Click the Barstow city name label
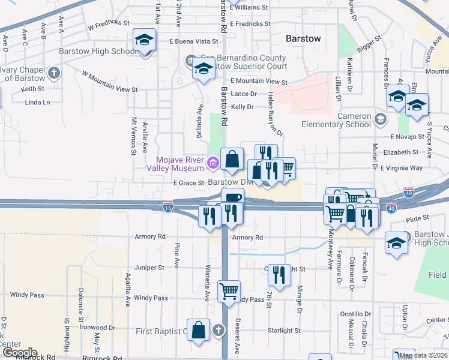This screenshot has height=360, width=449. tap(303, 38)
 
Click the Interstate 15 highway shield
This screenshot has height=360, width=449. tap(169, 207)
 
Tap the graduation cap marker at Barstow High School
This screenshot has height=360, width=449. tap(144, 41)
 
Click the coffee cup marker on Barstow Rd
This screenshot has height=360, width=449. tap(232, 199)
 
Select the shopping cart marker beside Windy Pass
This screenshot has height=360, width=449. tap(229, 292)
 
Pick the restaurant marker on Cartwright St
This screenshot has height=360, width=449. tap(279, 275)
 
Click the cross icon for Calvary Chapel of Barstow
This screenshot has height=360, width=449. tap(54, 73)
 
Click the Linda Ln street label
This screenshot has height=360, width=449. tap(38, 103)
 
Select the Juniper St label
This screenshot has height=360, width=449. tap(149, 268)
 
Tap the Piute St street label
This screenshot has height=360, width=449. tap(418, 218)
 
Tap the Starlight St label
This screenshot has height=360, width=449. tap(284, 331)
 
